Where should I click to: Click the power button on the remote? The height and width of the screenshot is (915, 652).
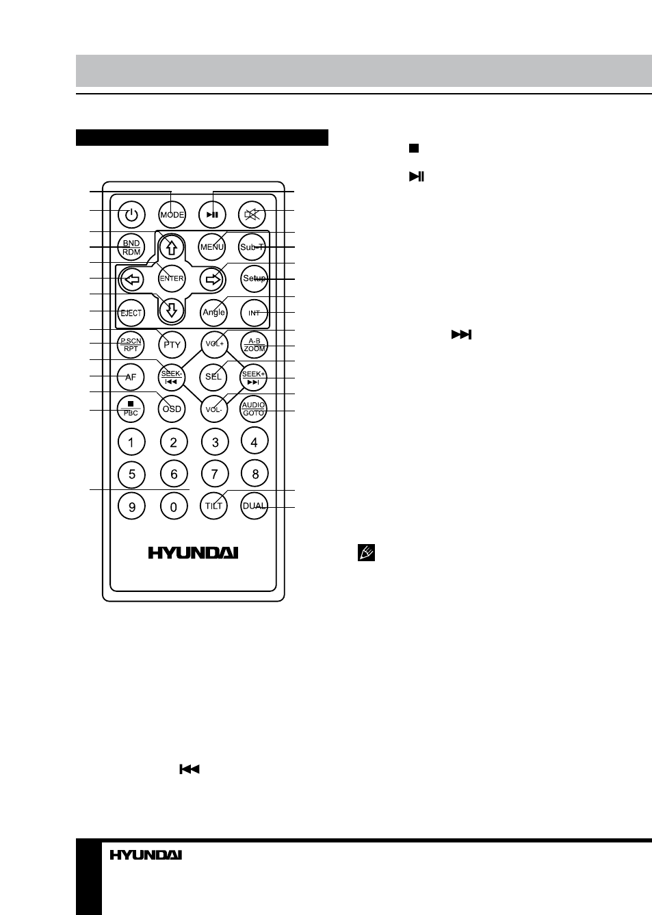point(131,214)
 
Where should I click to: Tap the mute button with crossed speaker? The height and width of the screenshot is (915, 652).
point(252,214)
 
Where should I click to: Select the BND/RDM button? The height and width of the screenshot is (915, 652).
point(131,247)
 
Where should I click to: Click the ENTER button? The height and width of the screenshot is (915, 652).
point(172,279)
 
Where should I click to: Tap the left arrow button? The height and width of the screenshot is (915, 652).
point(131,279)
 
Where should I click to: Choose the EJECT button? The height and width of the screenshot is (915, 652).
point(131,313)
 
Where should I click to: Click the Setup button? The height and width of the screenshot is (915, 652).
point(254,279)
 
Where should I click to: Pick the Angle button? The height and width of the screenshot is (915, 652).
point(214,313)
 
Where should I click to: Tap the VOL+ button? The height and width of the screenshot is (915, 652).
point(215,344)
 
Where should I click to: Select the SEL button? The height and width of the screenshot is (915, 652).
point(213,376)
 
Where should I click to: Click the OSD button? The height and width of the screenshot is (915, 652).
point(172,409)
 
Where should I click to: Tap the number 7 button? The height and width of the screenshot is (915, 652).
point(215,474)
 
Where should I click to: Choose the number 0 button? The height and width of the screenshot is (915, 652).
point(174,506)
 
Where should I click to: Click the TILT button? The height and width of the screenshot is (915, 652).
point(213,506)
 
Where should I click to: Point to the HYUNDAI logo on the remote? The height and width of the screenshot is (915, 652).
point(193,553)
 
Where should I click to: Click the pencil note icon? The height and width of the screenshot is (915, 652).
point(366,553)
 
